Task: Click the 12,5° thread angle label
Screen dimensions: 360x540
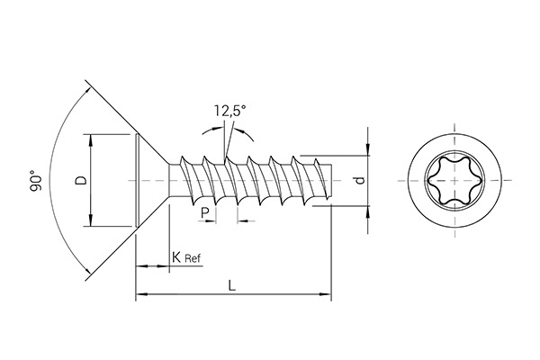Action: pyautogui.click(x=229, y=112)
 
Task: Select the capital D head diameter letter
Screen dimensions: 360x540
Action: pyautogui.click(x=81, y=180)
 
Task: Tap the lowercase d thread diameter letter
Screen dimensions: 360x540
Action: pyautogui.click(x=360, y=180)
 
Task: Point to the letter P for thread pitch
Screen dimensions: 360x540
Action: pyautogui.click(x=206, y=211)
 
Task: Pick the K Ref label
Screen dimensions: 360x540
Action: pyautogui.click(x=185, y=258)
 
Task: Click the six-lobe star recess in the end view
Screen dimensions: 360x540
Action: pyautogui.click(x=447, y=181)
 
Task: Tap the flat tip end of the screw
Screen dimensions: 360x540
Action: pyautogui.click(x=332, y=181)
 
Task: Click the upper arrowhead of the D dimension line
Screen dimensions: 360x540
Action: pyautogui.click(x=92, y=139)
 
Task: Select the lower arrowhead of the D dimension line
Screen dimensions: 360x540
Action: pyautogui.click(x=92, y=221)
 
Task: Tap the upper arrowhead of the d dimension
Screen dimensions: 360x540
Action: pyautogui.click(x=368, y=148)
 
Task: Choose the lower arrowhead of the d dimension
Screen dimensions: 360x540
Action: pyautogui.click(x=368, y=211)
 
